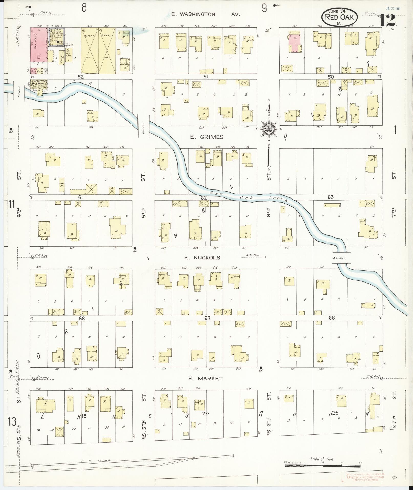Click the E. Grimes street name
pos(207,137)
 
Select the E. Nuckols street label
pos(202,258)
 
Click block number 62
pos(204,197)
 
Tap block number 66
pos(332,318)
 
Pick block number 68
pos(81,318)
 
